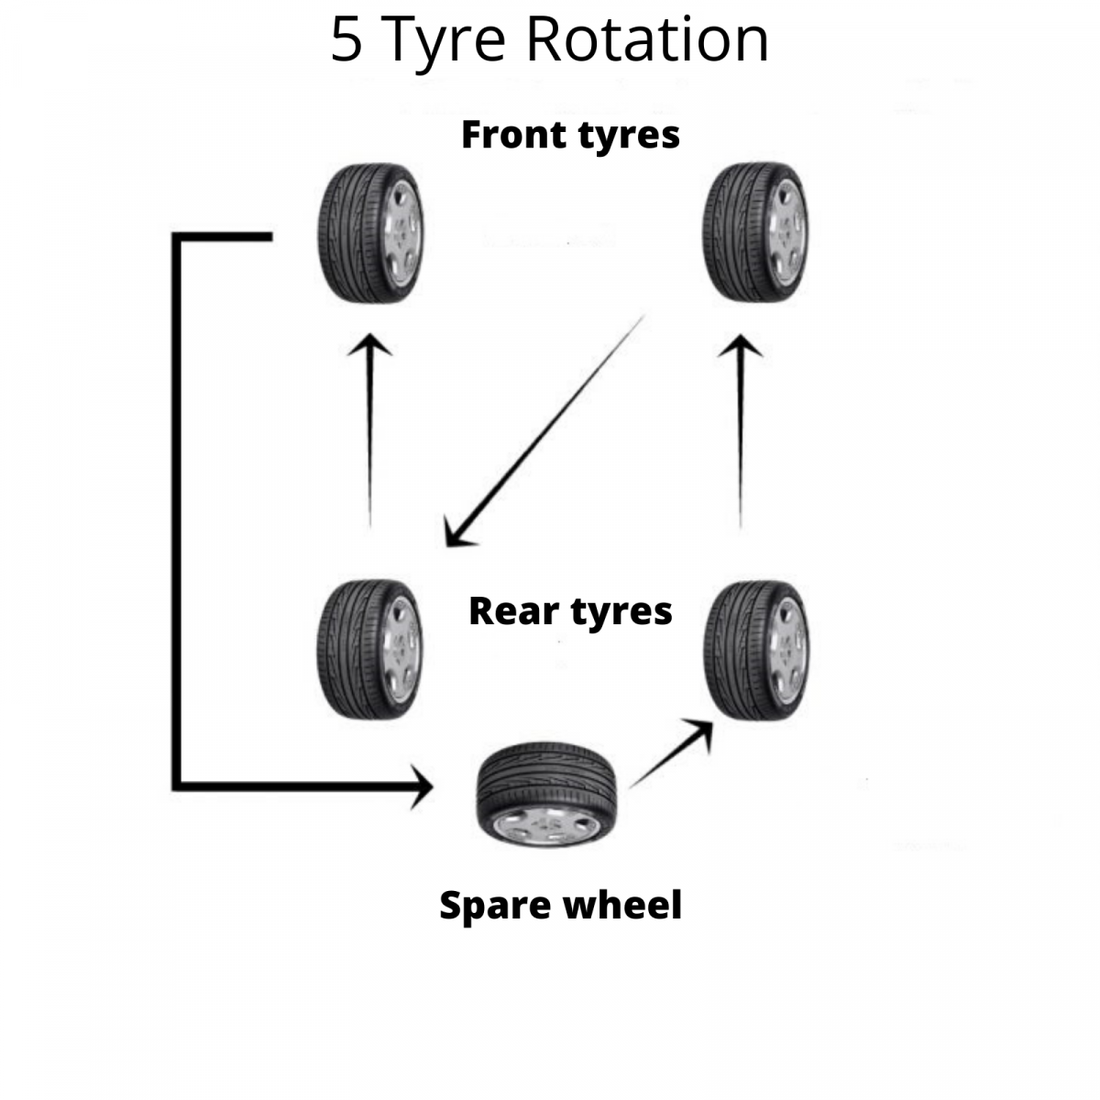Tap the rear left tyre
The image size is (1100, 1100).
369,649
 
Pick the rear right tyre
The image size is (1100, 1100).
754,649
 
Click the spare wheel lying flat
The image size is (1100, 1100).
547,794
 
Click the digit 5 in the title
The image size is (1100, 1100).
346,40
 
